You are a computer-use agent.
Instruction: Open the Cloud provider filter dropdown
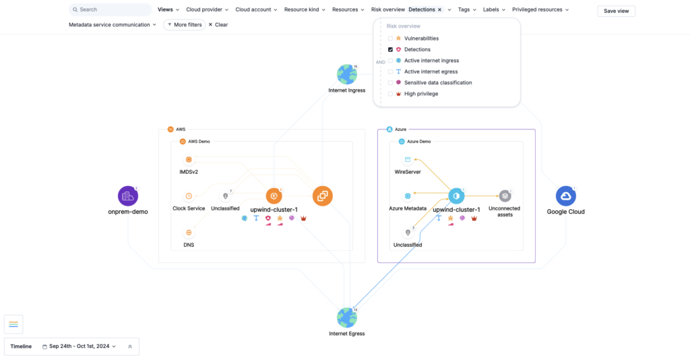click(x=207, y=10)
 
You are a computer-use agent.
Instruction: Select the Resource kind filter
click(x=305, y=10)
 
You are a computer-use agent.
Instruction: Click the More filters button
click(x=184, y=25)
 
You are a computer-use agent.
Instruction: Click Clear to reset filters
click(x=218, y=25)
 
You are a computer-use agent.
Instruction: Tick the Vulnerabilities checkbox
click(x=390, y=38)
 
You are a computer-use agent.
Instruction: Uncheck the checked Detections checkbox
click(x=390, y=50)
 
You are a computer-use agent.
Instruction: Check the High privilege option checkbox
click(x=390, y=94)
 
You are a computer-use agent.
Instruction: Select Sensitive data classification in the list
click(x=437, y=83)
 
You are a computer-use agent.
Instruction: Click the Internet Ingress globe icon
click(x=346, y=74)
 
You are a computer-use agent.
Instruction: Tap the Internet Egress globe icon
click(x=346, y=318)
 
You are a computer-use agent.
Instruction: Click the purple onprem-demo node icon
click(x=127, y=196)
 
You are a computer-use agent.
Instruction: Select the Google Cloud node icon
click(x=565, y=196)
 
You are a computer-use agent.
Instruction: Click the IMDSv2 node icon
click(x=189, y=160)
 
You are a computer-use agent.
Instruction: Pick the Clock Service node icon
click(x=189, y=196)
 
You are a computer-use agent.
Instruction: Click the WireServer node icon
click(x=407, y=160)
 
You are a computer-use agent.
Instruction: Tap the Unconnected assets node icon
click(x=505, y=196)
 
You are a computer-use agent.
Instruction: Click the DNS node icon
click(x=189, y=233)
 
